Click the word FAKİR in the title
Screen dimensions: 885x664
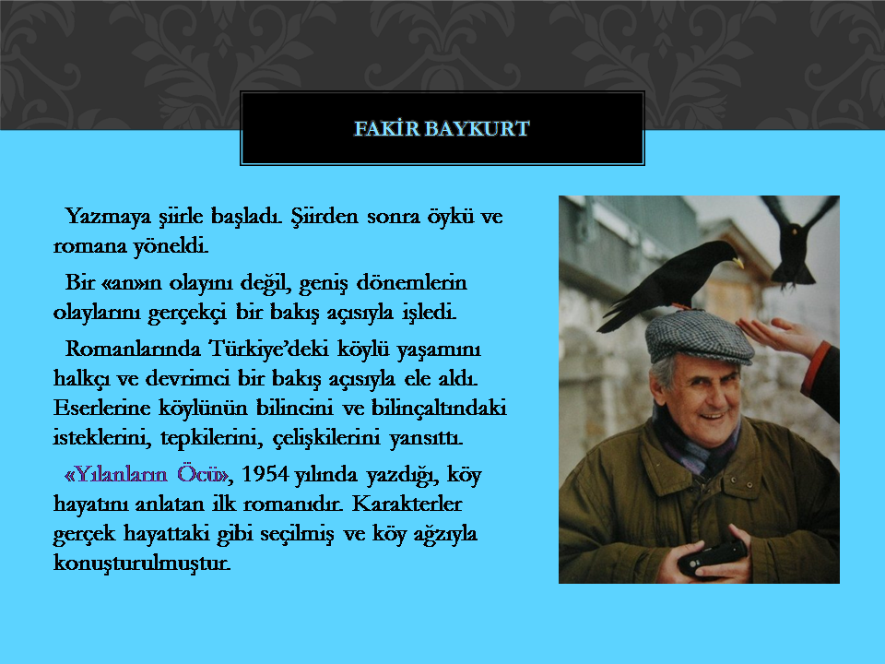tap(387, 129)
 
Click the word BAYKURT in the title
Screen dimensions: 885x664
tap(477, 129)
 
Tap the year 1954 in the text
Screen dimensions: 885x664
tap(265, 474)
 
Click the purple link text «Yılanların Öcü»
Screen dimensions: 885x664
tap(147, 474)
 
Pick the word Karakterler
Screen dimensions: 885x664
tap(407, 504)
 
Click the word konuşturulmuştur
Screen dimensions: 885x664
tap(142, 563)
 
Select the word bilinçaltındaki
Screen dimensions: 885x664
tap(439, 409)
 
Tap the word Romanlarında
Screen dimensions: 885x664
tap(133, 349)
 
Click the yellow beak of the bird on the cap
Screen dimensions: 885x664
tap(738, 263)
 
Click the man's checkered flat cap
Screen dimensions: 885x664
tap(699, 337)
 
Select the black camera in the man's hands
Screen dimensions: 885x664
tap(713, 557)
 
